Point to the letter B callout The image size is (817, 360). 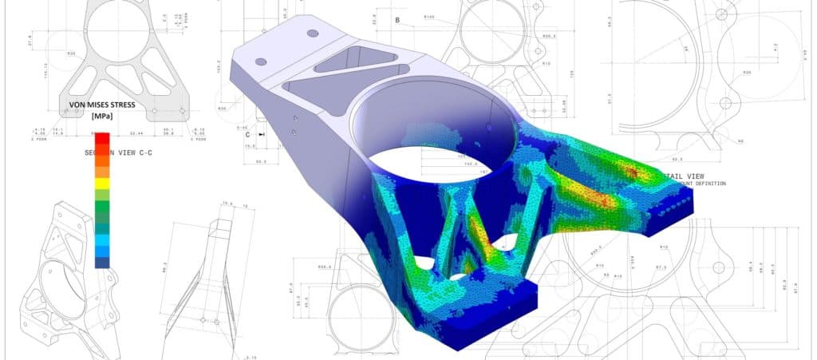click(x=397, y=18)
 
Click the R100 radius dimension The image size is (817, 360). click(x=429, y=16)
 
